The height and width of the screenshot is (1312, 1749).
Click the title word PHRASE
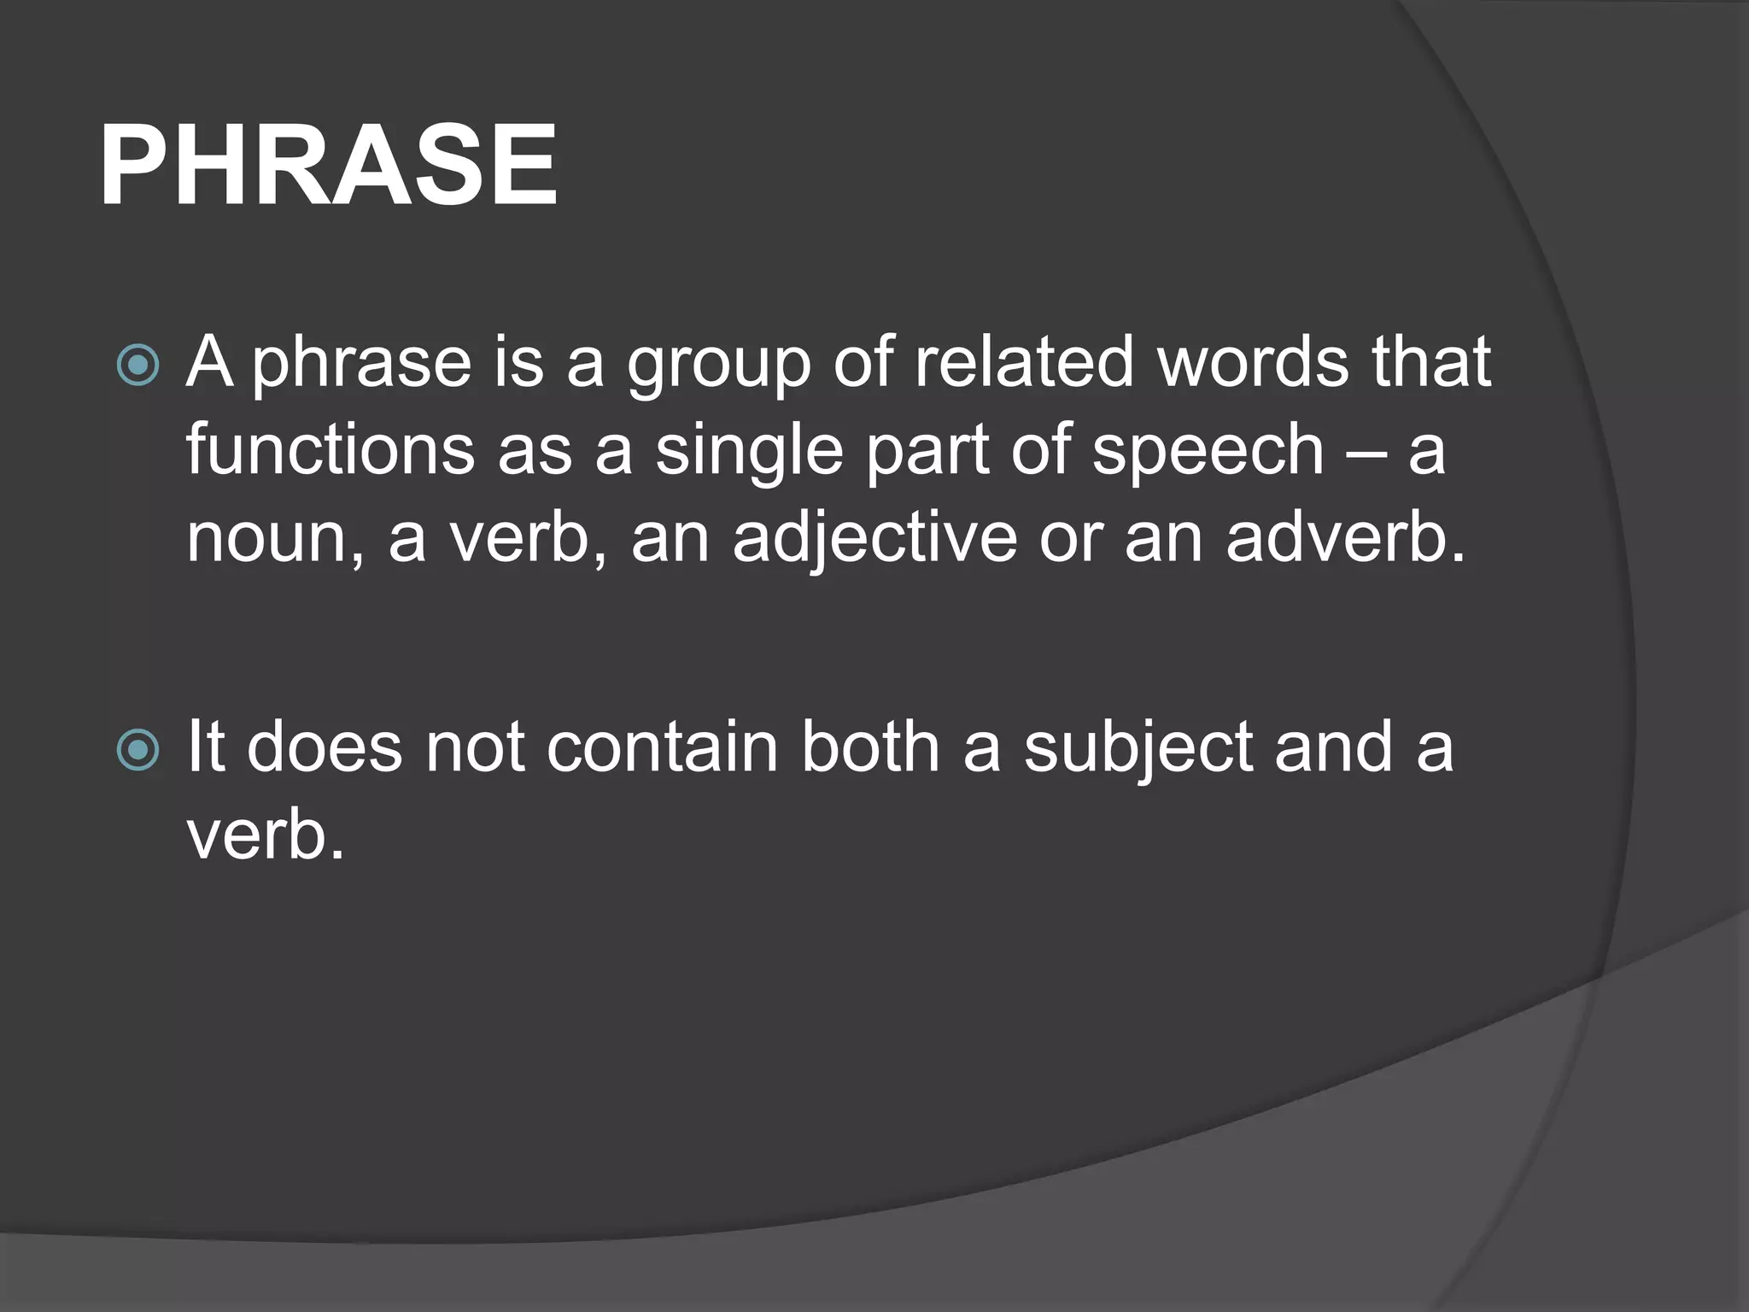(329, 166)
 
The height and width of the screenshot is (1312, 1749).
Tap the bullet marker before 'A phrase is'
(137, 366)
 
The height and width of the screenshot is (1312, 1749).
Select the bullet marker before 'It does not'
(137, 750)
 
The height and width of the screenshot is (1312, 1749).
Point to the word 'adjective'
(874, 542)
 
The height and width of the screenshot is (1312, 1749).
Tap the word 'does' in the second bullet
(325, 748)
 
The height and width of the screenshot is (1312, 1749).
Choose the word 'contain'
(662, 748)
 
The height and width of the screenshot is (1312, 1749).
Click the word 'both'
(870, 748)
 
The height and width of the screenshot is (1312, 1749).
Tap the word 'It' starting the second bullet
(205, 748)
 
